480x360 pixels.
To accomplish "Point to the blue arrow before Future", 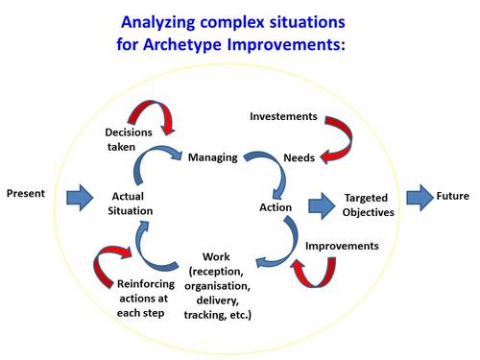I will click(x=420, y=198).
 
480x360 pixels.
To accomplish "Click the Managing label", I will click(x=212, y=156).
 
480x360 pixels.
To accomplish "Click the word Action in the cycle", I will click(x=276, y=206).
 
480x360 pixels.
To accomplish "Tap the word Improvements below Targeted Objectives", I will click(x=342, y=246).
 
